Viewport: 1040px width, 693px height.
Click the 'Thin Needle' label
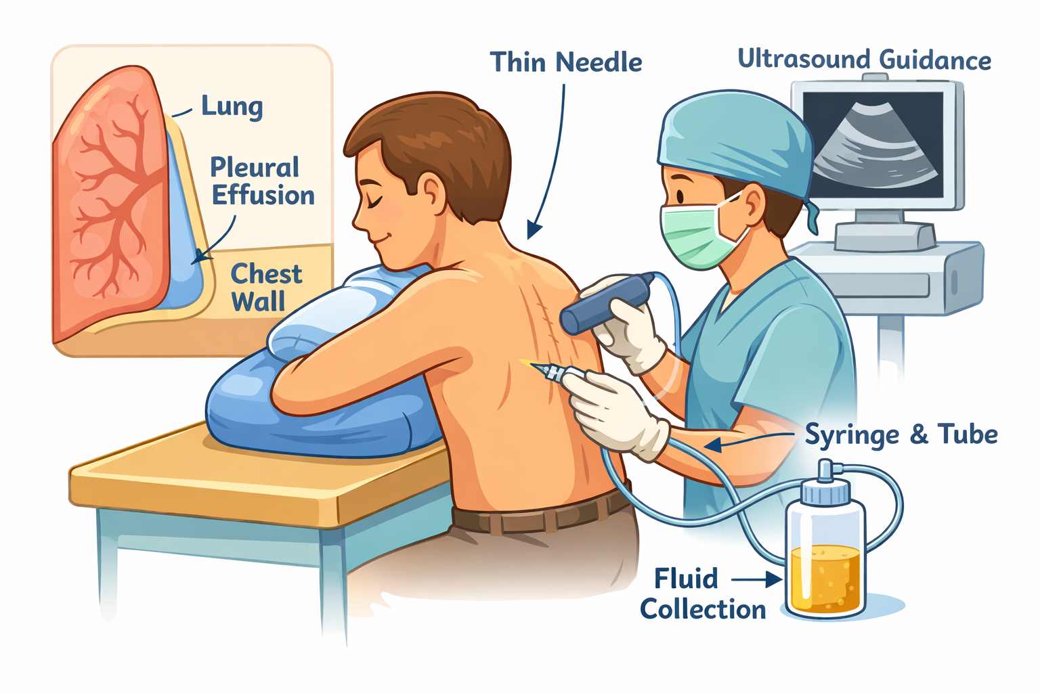pos(566,62)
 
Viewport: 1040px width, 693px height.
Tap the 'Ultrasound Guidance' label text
pos(865,60)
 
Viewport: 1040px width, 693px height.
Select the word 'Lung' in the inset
pos(232,107)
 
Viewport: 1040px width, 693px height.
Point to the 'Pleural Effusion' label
pos(262,181)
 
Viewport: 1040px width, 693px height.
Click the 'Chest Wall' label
pos(267,288)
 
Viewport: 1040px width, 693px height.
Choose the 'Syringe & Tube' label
pos(901,435)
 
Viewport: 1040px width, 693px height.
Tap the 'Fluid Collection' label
pos(702,594)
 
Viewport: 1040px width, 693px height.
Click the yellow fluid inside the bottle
pos(825,579)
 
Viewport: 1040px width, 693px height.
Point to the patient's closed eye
pos(376,201)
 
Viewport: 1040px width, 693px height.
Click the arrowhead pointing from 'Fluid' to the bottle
pos(773,580)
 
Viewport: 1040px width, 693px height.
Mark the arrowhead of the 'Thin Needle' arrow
pos(534,230)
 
